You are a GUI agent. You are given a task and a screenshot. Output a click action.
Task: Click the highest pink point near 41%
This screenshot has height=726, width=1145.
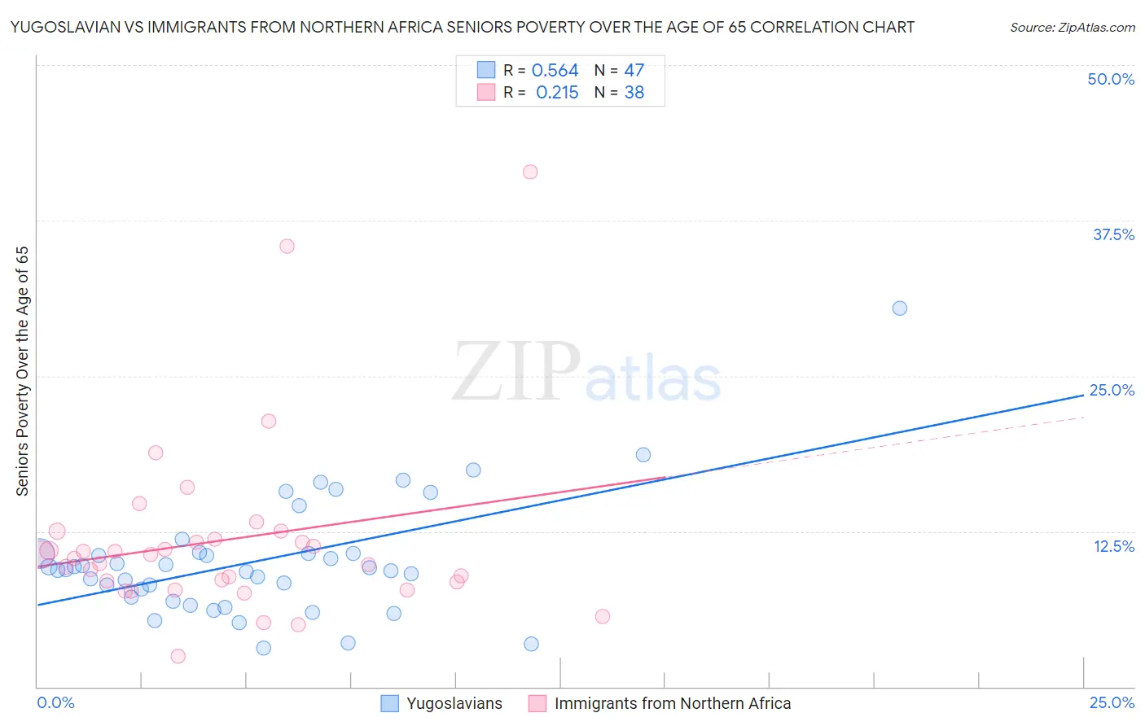click(530, 172)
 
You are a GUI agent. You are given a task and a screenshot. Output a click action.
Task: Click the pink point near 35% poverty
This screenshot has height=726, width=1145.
click(287, 246)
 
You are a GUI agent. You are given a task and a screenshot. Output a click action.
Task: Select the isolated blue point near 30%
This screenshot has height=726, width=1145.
click(900, 308)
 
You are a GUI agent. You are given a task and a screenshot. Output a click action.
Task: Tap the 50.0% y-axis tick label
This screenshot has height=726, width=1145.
click(1111, 79)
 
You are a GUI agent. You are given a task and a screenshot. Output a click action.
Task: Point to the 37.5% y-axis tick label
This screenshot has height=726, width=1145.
click(1113, 234)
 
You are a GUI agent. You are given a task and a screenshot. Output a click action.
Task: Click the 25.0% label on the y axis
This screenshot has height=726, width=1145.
click(1112, 390)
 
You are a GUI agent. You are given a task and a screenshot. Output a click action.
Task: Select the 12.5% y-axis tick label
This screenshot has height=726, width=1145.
click(1113, 546)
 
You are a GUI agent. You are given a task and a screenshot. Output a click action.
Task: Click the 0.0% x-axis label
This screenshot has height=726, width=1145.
click(55, 702)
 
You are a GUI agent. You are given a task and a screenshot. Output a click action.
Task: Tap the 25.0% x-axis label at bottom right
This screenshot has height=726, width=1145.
click(1112, 702)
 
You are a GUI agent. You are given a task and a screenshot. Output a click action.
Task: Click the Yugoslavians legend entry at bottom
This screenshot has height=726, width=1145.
click(454, 703)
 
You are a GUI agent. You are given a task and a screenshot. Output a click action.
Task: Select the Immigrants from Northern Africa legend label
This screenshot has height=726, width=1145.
click(672, 703)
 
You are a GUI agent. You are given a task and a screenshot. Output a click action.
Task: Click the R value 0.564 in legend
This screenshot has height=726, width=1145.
click(555, 71)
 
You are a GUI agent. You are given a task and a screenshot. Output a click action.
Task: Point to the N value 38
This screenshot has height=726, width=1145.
click(634, 93)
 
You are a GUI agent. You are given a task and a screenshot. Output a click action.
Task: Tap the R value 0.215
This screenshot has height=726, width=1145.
click(557, 93)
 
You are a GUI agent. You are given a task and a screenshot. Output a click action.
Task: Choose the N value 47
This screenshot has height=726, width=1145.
click(634, 71)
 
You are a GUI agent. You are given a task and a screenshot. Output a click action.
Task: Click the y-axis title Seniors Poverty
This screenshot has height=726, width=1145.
click(23, 370)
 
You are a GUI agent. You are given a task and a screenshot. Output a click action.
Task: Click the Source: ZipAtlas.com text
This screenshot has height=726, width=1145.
click(1072, 27)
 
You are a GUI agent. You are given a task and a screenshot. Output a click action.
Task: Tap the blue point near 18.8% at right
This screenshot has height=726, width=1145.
click(643, 455)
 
